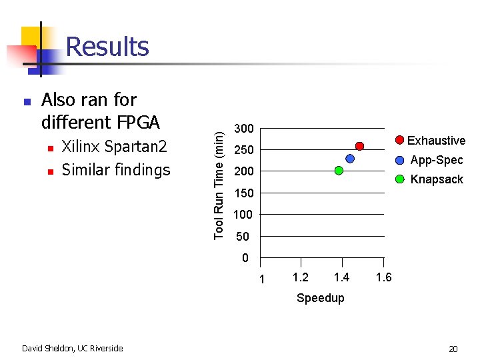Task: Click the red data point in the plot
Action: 359,146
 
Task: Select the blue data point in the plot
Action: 349,159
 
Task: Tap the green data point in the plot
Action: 339,171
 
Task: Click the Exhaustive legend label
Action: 436,141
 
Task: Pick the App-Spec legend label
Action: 437,160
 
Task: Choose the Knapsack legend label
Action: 437,179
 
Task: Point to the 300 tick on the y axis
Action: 243,128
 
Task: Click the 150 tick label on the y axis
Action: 243,193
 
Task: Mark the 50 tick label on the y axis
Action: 243,237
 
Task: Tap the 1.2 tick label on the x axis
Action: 301,277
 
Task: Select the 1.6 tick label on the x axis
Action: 383,277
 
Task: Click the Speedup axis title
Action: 321,298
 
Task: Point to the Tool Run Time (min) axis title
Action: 219,184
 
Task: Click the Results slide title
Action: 107,47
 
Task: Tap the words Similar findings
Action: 116,170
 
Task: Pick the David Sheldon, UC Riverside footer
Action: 72,348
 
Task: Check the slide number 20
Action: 453,349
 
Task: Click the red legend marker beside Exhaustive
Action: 399,140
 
